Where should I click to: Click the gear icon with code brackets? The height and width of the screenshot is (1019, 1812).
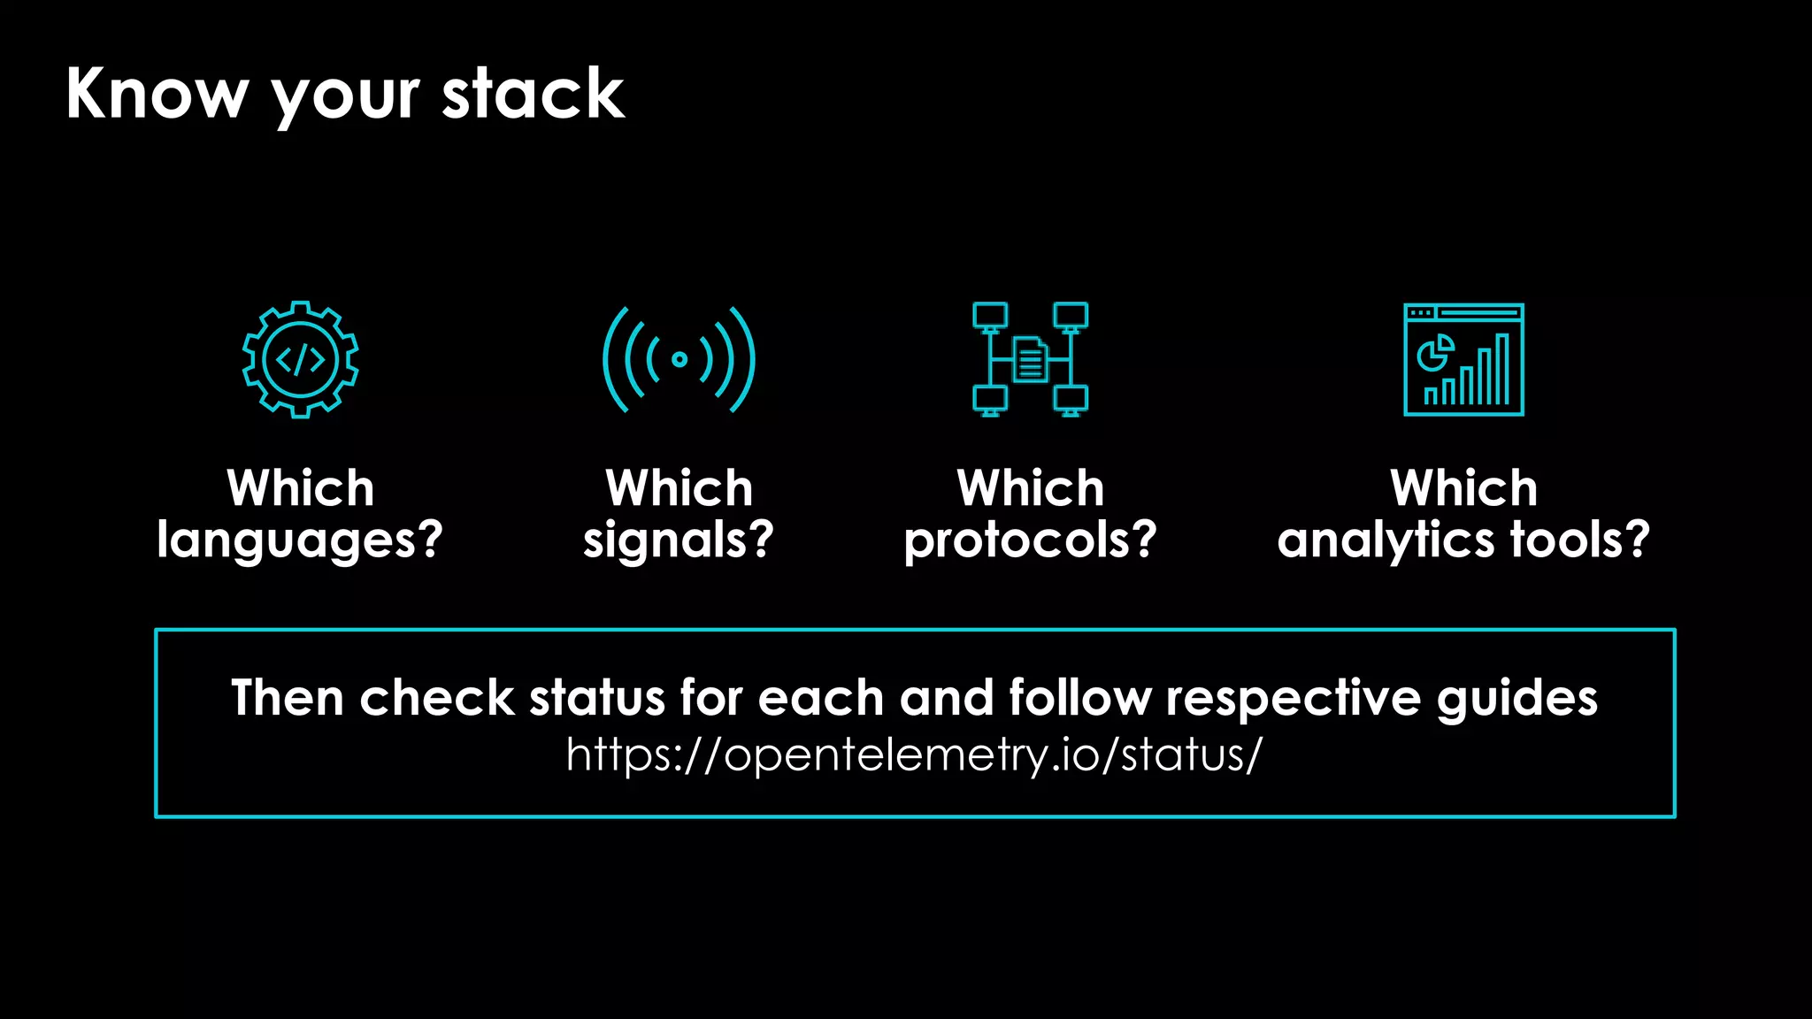[301, 359]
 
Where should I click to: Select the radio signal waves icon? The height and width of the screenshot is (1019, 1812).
[679, 359]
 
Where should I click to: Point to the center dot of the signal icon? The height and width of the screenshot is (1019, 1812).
[679, 359]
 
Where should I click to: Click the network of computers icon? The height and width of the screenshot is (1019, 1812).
[1030, 359]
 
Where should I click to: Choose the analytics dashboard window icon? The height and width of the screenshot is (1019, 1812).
[1463, 359]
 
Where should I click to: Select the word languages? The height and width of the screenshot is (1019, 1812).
[300, 540]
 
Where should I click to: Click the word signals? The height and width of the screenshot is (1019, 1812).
[679, 540]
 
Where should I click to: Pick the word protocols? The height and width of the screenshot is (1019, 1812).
[1030, 540]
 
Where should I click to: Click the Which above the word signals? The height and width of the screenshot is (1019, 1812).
[679, 488]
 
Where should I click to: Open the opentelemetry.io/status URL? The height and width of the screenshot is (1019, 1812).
[914, 755]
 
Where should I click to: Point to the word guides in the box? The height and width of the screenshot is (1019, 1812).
[1516, 698]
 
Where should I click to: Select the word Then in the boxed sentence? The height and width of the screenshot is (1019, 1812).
[288, 698]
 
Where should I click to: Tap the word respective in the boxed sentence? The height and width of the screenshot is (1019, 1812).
[1293, 698]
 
